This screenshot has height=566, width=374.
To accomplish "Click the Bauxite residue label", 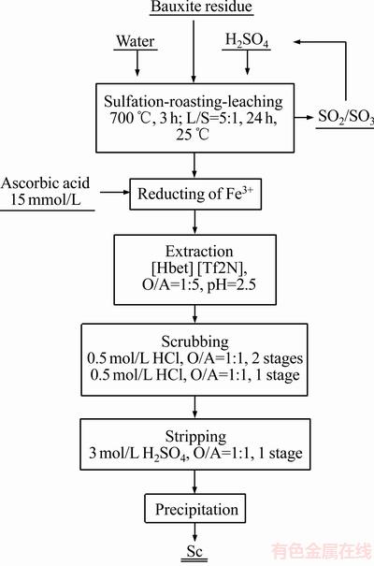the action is click(x=202, y=7).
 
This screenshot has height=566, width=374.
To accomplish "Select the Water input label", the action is click(x=136, y=41).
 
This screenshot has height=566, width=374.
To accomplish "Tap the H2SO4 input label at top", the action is click(x=247, y=40).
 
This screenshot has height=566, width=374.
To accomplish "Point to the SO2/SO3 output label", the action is click(x=346, y=117).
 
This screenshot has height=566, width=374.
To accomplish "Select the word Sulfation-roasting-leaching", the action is click(x=194, y=101).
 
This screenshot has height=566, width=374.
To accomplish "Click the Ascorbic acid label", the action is click(x=45, y=182).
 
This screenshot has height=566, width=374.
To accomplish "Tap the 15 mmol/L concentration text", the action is click(x=45, y=199).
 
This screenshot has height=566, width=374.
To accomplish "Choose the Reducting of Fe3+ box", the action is click(x=195, y=194).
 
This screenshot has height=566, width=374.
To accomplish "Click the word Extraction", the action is click(x=199, y=252).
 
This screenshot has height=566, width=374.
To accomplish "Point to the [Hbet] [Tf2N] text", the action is click(x=199, y=268).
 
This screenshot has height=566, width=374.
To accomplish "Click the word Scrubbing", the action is click(x=194, y=341).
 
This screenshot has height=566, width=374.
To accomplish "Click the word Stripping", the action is click(x=195, y=437).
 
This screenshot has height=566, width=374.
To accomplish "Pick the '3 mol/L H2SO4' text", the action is click(x=139, y=454).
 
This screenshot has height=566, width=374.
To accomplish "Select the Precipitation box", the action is click(x=195, y=509).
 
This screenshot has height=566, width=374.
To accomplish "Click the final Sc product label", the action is click(x=194, y=551).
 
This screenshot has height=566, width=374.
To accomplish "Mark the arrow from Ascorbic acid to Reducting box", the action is click(x=115, y=193).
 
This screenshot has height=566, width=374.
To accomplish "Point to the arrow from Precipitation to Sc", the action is click(x=194, y=532).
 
